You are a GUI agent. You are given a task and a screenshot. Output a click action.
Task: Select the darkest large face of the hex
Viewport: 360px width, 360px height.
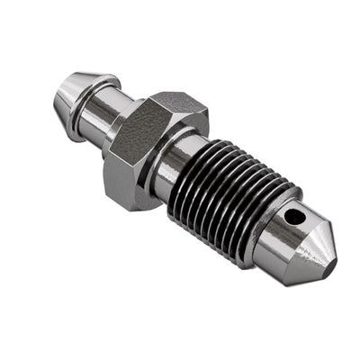click(x=135, y=144)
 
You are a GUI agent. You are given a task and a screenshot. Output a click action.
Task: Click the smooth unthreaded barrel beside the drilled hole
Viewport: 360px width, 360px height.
click(x=288, y=236)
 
